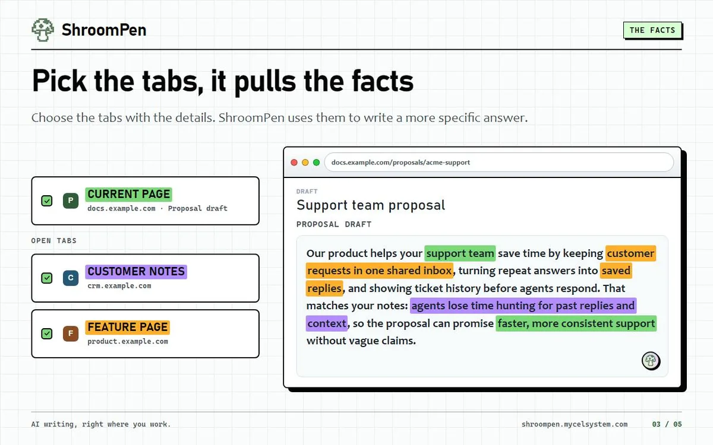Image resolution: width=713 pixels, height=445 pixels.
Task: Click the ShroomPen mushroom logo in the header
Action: coord(43,30)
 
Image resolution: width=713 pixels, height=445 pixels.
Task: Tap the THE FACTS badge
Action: coord(652,30)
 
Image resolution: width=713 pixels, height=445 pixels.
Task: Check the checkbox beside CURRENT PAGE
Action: coord(47,201)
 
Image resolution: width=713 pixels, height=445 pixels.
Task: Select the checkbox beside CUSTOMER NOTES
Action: coord(47,278)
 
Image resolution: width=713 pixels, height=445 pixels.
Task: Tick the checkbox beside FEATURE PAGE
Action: coord(47,333)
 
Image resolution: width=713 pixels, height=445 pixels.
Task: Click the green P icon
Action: coord(71,201)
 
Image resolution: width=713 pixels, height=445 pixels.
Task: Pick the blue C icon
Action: coord(71,278)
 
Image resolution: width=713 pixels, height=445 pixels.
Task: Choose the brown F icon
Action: coord(71,333)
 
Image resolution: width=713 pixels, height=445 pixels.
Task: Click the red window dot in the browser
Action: coord(294,163)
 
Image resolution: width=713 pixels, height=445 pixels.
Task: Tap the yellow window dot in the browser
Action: coord(305,163)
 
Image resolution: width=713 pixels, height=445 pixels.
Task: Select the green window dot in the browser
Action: coord(316,163)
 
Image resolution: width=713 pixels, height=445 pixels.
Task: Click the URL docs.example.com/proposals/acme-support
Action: coord(400,163)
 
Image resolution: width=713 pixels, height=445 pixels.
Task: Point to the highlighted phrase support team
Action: coord(460,253)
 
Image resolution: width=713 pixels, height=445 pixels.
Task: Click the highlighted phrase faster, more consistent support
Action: coord(576,323)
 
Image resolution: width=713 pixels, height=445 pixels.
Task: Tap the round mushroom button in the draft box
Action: coord(651,361)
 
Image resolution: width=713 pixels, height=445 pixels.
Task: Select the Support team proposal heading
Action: coord(371,205)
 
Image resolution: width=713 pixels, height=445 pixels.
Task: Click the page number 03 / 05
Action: coord(667,424)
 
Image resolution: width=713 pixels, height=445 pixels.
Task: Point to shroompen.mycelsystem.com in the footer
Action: coord(575,424)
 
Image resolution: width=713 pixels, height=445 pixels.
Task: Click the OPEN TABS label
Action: coord(54,241)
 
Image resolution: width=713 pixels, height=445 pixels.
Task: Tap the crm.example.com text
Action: coord(119,286)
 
